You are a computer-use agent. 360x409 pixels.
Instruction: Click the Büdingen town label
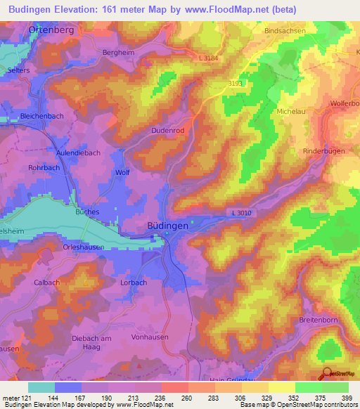pos(148,225)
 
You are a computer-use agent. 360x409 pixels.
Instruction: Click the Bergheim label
pos(117,52)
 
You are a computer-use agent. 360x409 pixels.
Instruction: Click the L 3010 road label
pos(239,213)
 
